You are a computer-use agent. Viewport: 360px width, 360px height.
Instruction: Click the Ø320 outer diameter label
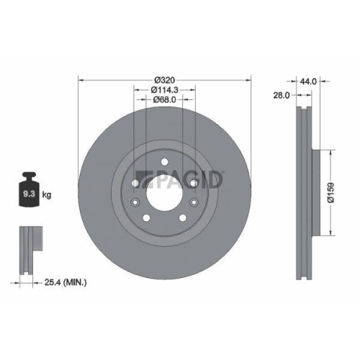pos(164,79)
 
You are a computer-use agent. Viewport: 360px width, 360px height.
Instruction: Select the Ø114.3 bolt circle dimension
pos(164,90)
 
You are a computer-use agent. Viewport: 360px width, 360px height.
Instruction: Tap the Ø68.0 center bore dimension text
pos(164,101)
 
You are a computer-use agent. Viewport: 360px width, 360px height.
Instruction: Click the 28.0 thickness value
pos(281,94)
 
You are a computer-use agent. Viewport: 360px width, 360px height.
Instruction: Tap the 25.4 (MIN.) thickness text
pos(63,282)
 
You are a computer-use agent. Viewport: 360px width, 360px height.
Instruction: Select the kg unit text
pos(46,194)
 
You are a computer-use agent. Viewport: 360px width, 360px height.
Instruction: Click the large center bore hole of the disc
pos(163,193)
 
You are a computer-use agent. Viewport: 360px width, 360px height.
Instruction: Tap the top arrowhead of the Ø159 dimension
pos(330,153)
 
